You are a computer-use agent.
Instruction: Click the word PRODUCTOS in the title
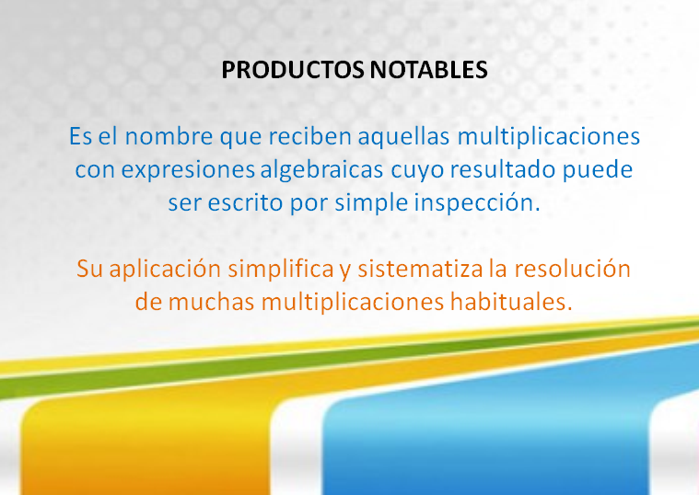click(x=293, y=70)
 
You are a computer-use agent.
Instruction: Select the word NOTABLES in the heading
click(x=429, y=70)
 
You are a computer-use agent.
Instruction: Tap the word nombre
click(x=169, y=136)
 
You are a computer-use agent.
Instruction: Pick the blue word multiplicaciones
click(x=549, y=136)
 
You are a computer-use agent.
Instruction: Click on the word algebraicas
click(x=321, y=169)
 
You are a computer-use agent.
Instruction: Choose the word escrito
click(x=245, y=202)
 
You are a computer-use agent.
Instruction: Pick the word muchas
click(x=211, y=302)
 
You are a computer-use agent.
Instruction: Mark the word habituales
click(x=511, y=302)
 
